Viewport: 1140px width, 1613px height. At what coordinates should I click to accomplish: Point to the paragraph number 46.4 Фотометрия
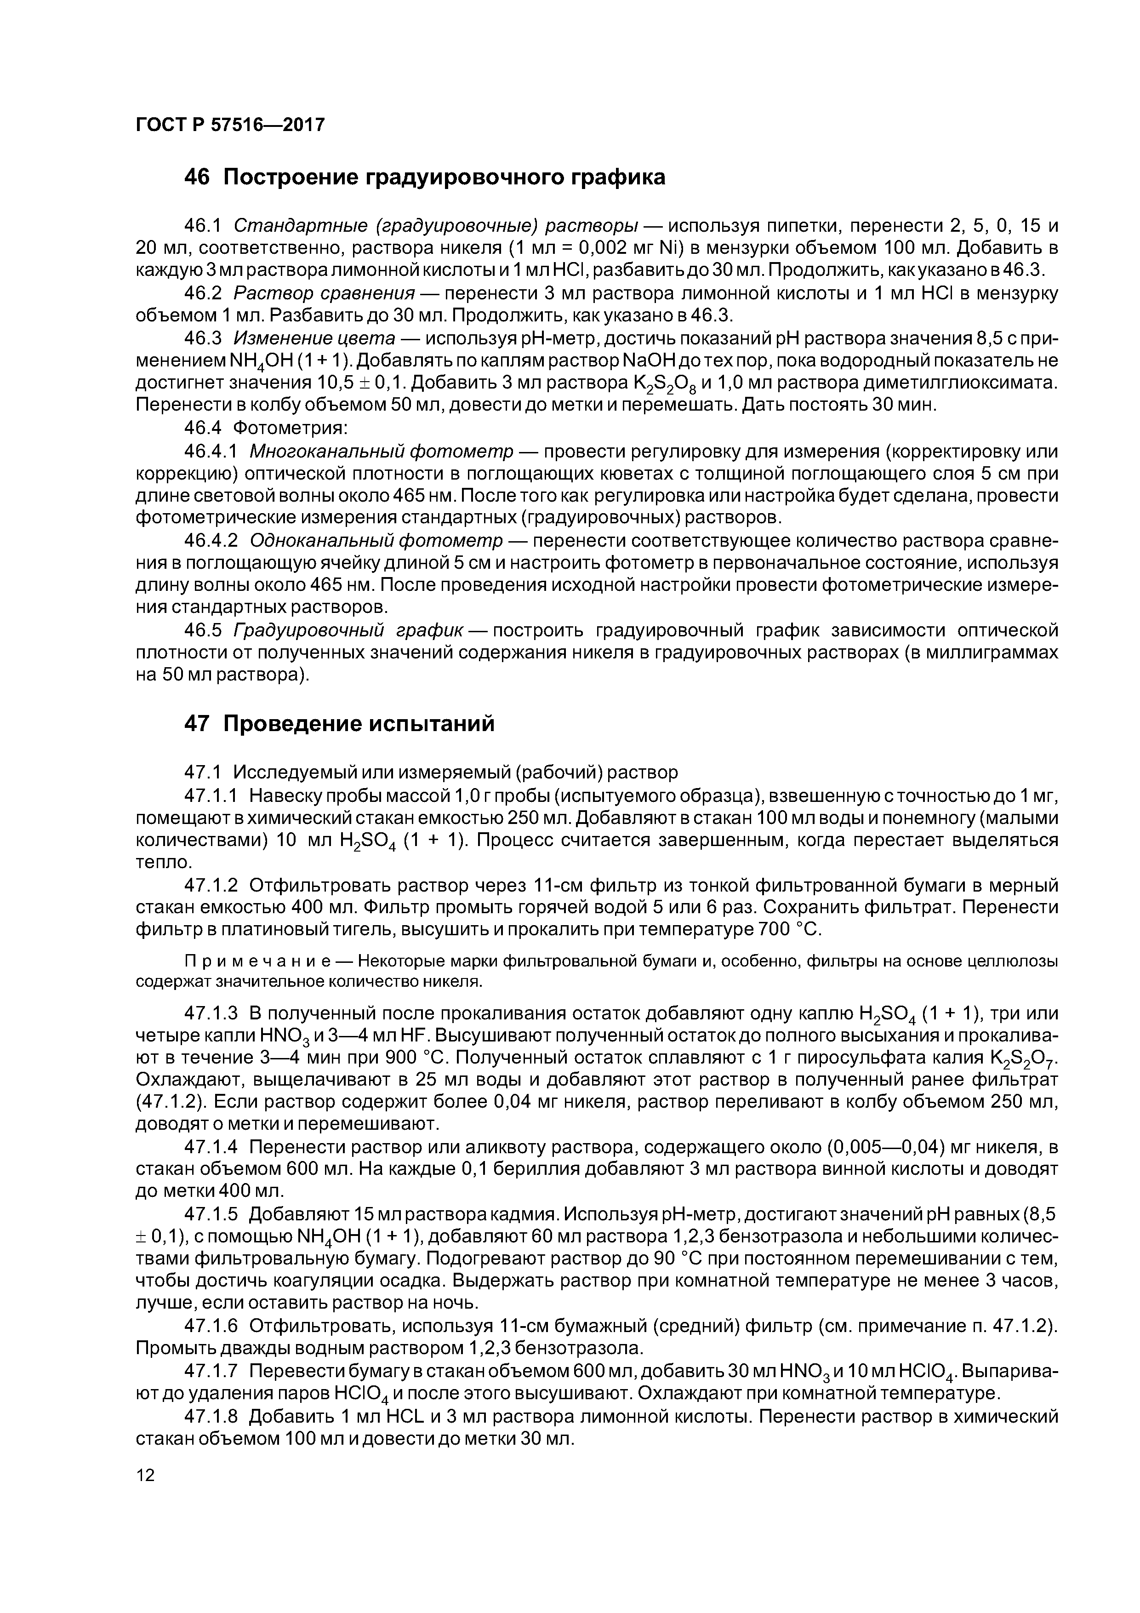pos(202,428)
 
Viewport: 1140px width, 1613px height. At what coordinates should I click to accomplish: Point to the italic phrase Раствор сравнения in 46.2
pos(324,293)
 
